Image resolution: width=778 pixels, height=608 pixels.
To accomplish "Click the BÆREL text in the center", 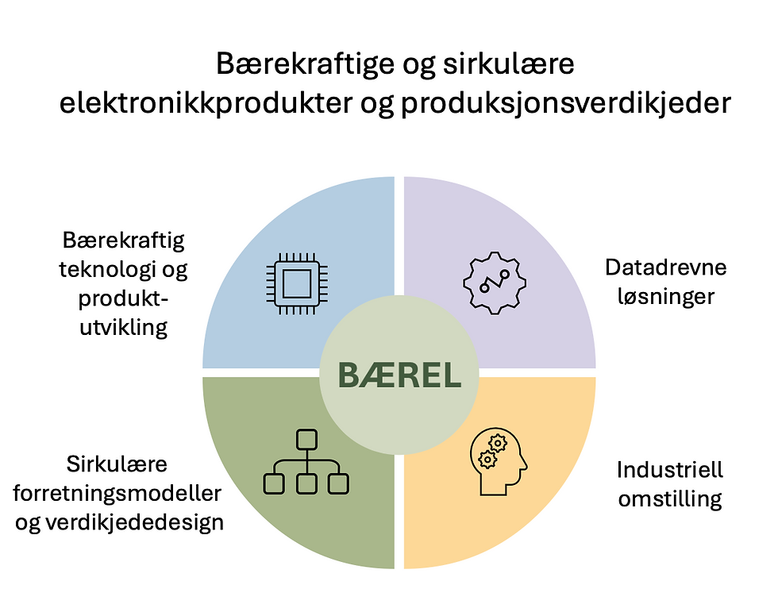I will [399, 375].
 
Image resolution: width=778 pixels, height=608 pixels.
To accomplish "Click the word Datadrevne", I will [666, 267].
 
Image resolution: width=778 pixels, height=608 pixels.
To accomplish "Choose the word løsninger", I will [666, 297].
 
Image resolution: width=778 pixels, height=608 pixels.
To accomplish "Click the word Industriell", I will [670, 471].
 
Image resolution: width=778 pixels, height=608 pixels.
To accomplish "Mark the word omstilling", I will [670, 500].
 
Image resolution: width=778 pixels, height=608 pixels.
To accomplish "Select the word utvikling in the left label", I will [125, 328].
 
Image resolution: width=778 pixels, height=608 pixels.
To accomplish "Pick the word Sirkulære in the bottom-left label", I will [117, 464].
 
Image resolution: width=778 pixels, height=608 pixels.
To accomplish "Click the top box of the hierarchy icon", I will [306, 439].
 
